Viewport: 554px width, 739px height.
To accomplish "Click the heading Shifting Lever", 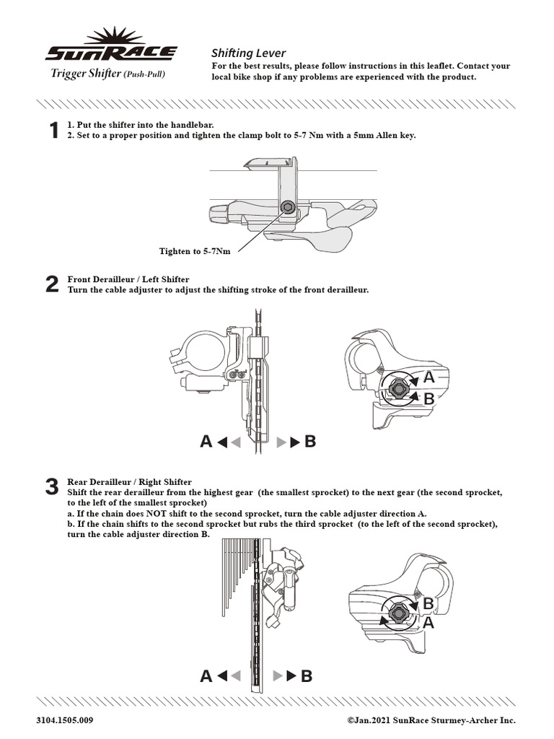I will point(248,53).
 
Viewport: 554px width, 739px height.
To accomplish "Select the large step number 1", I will point(52,131).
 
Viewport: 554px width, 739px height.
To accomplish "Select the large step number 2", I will point(52,284).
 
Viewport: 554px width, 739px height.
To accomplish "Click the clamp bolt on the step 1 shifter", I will point(289,208).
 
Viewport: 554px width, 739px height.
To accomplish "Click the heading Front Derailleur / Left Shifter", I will point(128,279).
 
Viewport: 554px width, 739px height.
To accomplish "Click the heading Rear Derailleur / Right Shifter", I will point(130,481).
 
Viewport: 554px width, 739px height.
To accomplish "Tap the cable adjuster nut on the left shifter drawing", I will point(396,388).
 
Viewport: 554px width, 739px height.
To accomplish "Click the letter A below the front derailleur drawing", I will point(206,442).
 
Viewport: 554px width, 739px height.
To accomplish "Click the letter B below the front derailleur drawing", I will point(311,442).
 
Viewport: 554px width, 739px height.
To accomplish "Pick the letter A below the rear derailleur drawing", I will point(206,676).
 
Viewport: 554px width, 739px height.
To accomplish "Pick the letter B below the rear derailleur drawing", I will point(307,676).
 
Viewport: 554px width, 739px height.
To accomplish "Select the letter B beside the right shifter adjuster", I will point(428,603).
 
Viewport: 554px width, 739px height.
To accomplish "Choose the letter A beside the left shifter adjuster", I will point(429,377).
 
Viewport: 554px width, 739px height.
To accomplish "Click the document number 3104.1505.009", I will point(65,720).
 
